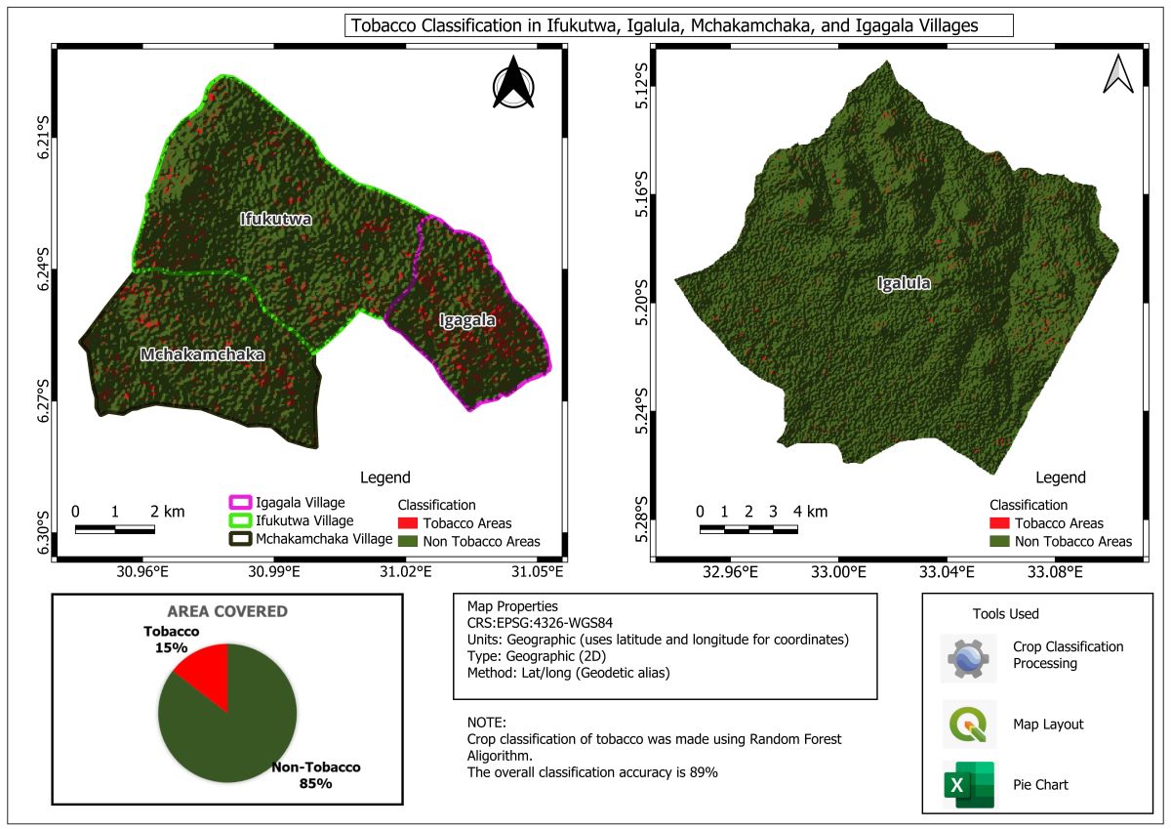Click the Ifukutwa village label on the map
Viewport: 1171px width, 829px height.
click(276, 220)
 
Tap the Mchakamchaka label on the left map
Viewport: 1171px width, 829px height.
click(202, 354)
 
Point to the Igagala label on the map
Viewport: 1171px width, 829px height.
click(466, 320)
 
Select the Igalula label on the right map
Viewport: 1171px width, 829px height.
click(903, 284)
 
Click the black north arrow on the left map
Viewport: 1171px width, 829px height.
click(513, 83)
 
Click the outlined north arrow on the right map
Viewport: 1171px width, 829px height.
click(1117, 74)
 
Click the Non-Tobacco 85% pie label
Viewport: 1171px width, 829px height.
click(316, 775)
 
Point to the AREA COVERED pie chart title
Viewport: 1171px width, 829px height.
click(227, 612)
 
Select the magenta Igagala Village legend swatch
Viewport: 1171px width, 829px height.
click(239, 502)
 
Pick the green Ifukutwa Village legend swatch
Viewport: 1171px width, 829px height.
click(239, 520)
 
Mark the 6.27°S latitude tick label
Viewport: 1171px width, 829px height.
click(43, 399)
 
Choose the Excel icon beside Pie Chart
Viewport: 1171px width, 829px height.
click(968, 785)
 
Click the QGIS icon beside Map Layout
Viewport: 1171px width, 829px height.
click(968, 725)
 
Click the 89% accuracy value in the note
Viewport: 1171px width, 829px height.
click(705, 772)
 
